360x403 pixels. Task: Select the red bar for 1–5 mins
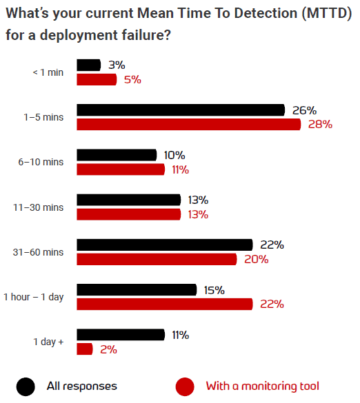coord(188,125)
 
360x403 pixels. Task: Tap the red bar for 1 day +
coord(84,349)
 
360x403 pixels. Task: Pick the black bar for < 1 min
coord(88,65)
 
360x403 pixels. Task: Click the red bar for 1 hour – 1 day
coord(165,304)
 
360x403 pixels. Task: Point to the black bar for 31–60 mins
coord(165,245)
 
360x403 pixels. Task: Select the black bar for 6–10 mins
coord(117,155)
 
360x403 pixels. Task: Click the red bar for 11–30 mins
coord(128,214)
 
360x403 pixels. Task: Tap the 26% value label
coord(303,110)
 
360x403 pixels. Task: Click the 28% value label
coord(320,125)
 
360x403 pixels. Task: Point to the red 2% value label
coord(108,349)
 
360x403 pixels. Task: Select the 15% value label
coord(214,290)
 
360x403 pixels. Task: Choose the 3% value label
coord(117,65)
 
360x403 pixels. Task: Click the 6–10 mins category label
coord(43,162)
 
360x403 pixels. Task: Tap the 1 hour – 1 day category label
coord(33,297)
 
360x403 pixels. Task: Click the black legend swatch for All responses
coord(26,386)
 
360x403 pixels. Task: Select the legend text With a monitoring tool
coord(262,386)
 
